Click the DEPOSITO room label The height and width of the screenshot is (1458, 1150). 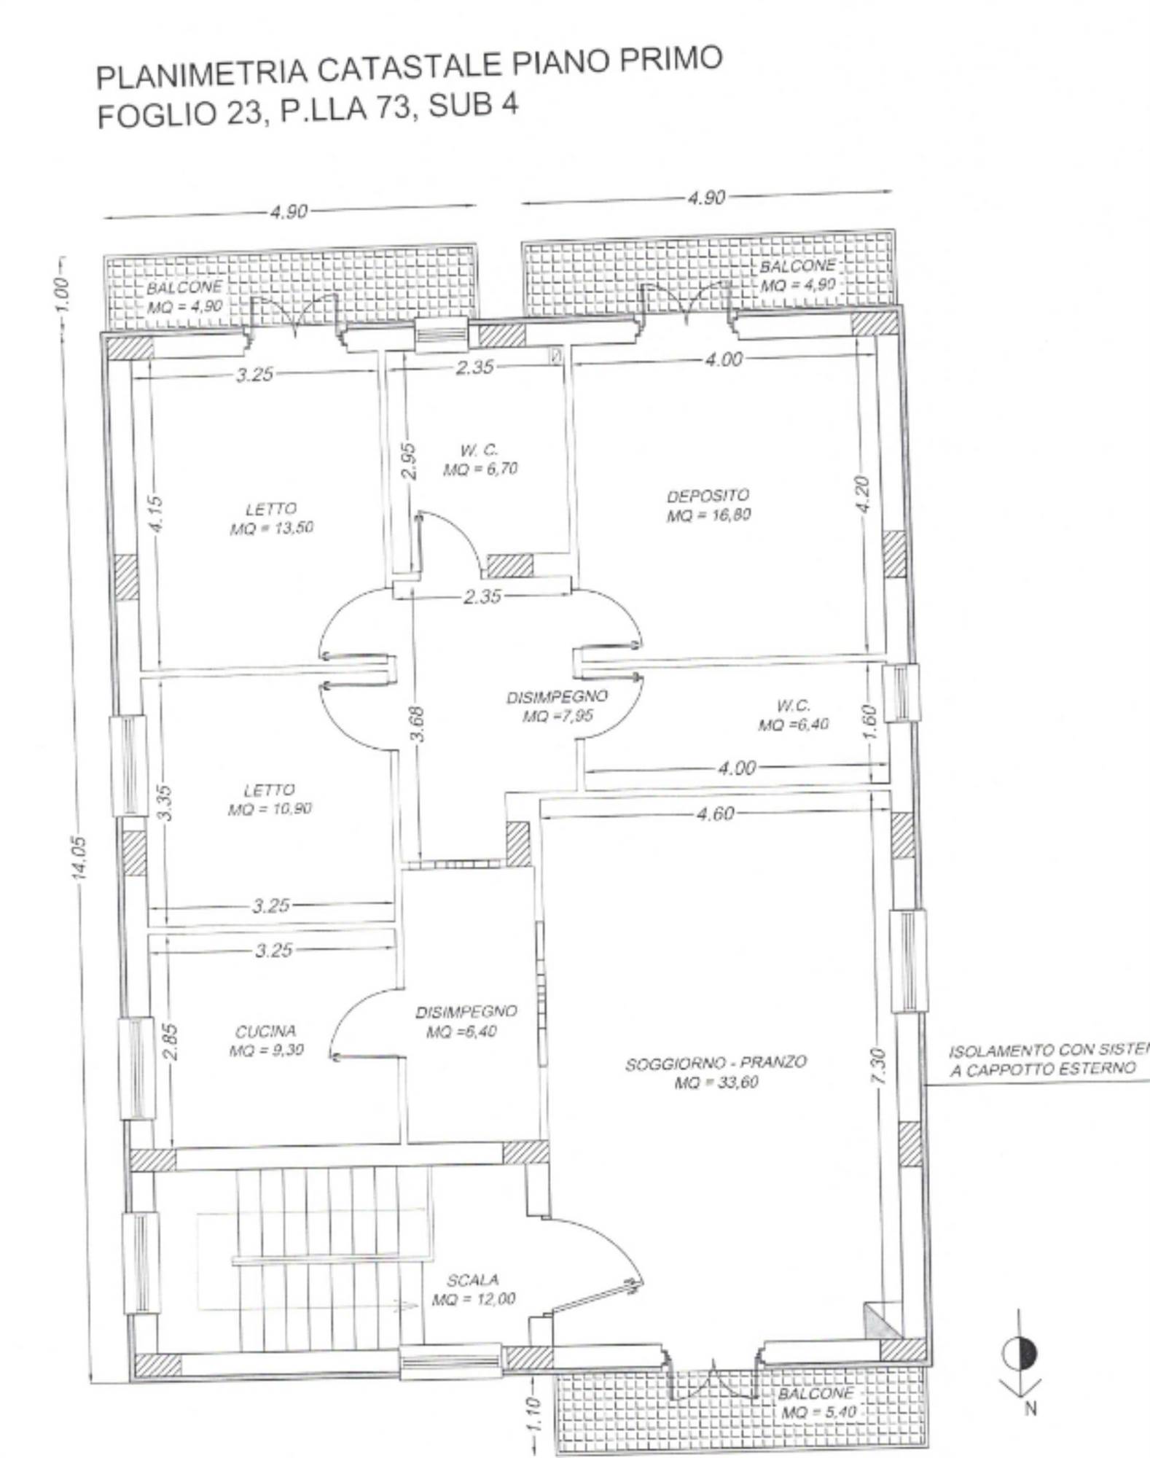[x=708, y=496]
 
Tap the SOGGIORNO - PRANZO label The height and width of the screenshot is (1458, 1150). [x=716, y=1062]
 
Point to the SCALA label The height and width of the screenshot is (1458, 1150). [x=473, y=1279]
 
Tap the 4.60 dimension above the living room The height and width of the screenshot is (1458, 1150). [x=715, y=814]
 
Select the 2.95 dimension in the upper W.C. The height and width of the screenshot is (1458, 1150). [x=410, y=461]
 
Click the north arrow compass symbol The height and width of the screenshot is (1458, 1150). [x=1020, y=1354]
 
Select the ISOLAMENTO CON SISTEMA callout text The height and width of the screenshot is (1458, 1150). [x=1048, y=1050]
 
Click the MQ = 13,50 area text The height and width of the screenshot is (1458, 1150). [x=271, y=528]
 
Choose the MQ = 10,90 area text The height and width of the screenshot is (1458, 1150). [x=270, y=809]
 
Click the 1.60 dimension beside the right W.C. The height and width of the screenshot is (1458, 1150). [x=868, y=722]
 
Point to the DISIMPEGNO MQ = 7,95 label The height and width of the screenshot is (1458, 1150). [x=557, y=706]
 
